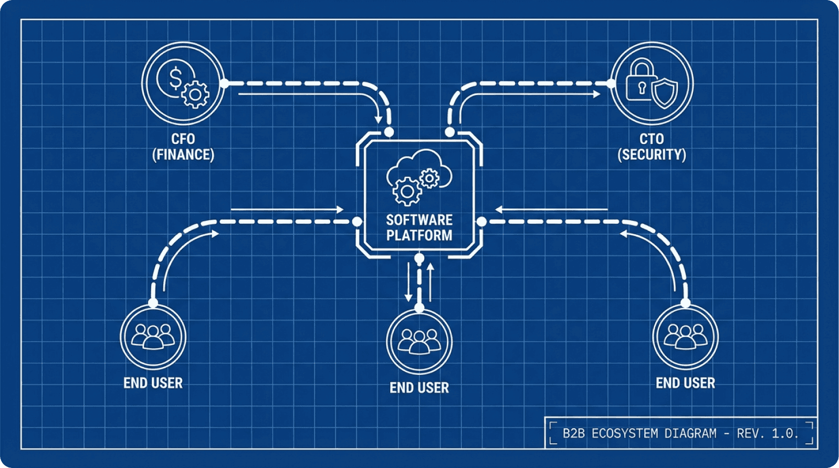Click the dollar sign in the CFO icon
coord(175,78)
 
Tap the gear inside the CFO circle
coord(195,95)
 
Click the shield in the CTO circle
coord(664,93)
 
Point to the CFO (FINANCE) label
coord(183,147)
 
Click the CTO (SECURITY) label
coord(652,147)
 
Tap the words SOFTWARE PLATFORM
coord(419,227)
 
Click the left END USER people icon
coord(153,337)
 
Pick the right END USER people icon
coord(685,337)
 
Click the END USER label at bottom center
coord(419,388)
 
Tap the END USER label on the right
coord(685,383)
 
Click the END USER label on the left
coord(153,383)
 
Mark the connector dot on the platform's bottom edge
coord(419,258)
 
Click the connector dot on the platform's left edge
coord(357,222)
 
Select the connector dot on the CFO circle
coord(225,83)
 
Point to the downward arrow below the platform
coord(408,284)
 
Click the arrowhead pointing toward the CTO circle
coord(596,94)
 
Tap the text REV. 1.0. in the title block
coord(767,434)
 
